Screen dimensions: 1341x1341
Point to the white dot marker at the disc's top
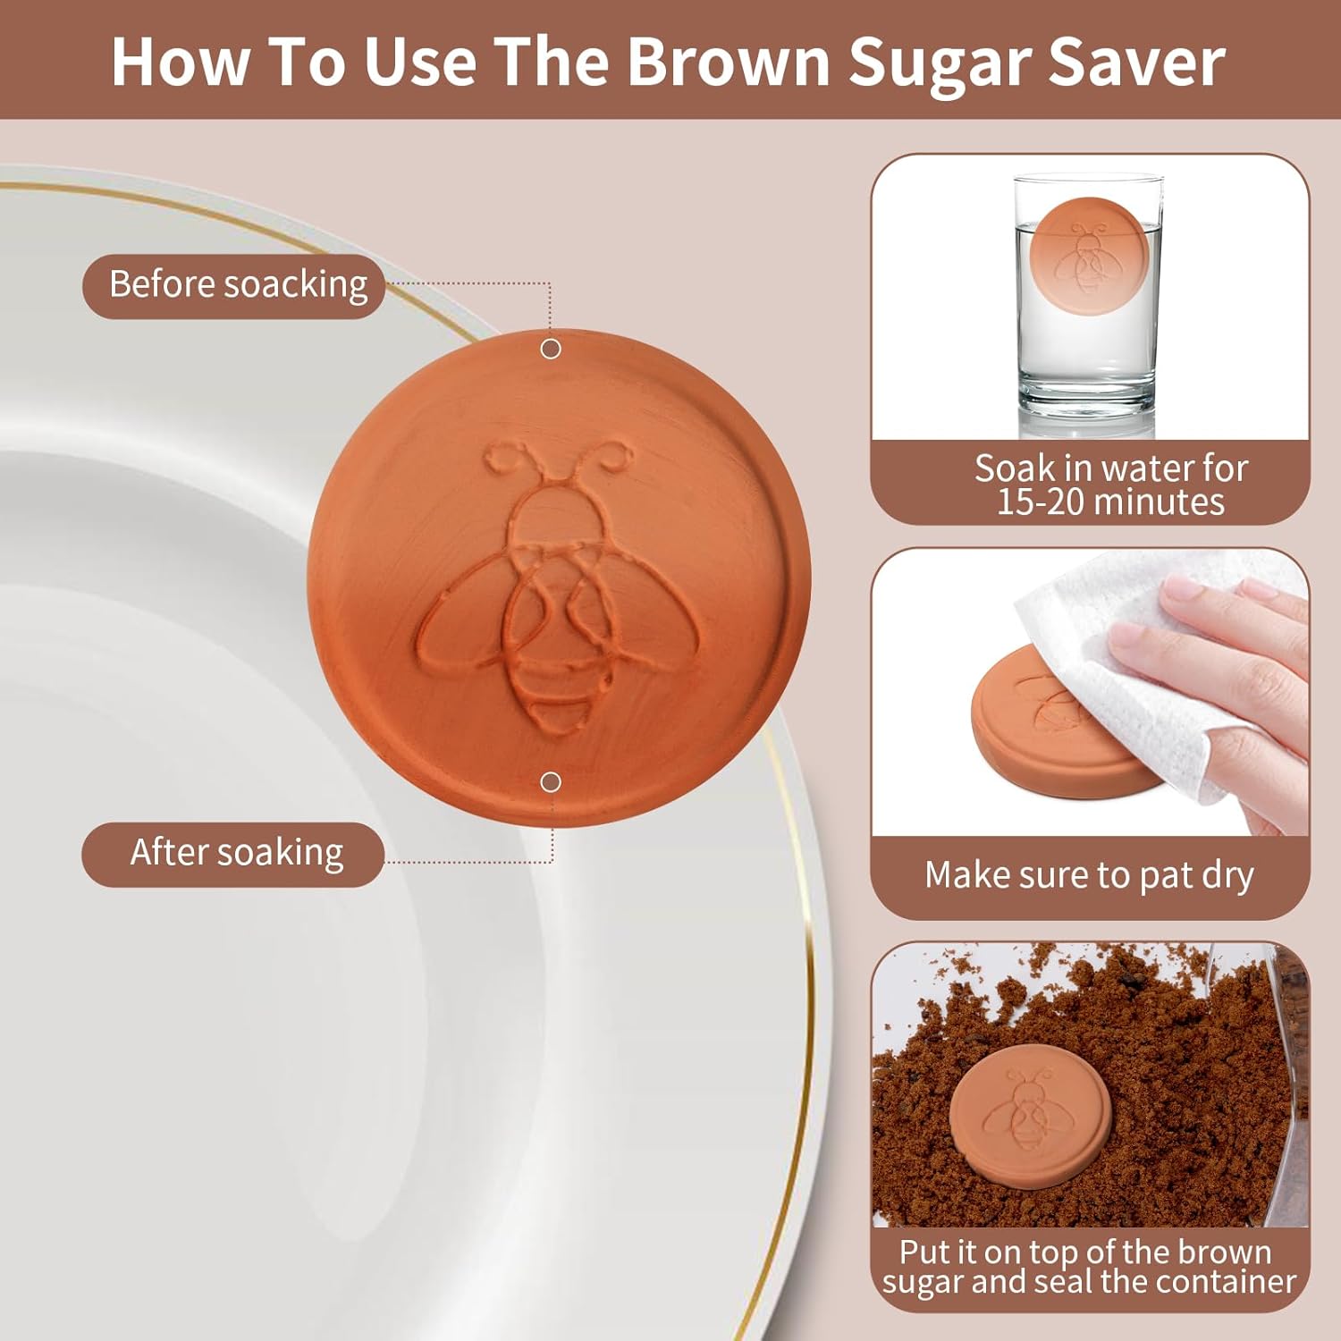point(551,349)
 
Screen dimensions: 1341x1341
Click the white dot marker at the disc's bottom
point(551,782)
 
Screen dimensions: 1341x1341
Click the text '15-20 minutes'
point(1110,502)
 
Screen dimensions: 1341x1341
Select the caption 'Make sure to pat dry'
point(1089,875)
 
